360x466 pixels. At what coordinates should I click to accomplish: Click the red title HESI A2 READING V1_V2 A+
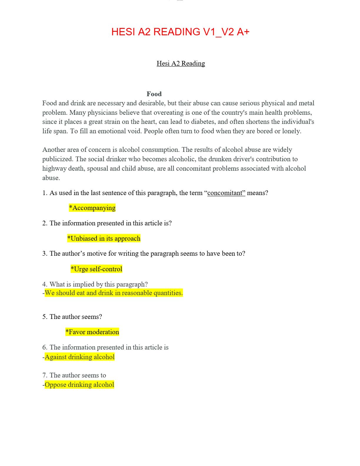point(180,32)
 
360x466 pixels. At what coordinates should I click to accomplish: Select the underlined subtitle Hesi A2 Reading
point(181,64)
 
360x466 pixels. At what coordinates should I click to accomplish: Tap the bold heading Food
point(154,94)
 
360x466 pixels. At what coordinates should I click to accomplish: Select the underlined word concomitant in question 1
point(226,193)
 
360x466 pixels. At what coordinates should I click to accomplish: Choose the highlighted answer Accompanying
point(92,208)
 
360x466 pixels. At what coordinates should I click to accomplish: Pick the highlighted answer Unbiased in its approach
point(104,238)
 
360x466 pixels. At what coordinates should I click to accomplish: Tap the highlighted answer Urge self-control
point(96,269)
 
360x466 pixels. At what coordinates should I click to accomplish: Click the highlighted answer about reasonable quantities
point(114,293)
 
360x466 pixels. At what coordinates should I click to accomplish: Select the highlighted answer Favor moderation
point(92,332)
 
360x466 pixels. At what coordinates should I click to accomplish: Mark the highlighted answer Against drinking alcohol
point(79,357)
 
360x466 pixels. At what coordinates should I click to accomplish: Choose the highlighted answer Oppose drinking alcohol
point(79,385)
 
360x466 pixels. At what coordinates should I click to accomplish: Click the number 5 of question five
point(44,317)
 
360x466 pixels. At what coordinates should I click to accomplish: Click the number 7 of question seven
point(44,375)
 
